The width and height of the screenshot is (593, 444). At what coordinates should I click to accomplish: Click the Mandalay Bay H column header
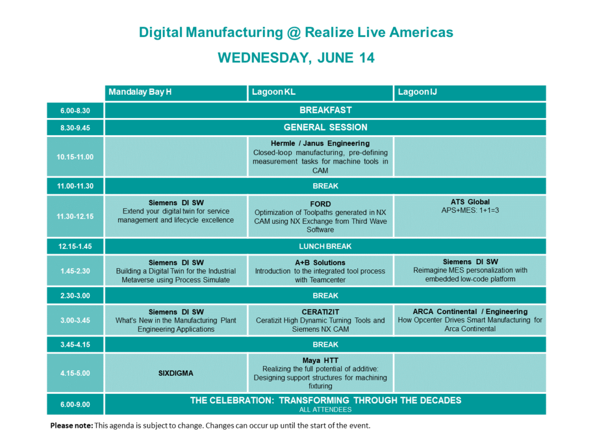(x=140, y=92)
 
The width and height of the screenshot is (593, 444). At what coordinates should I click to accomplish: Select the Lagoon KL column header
(x=273, y=92)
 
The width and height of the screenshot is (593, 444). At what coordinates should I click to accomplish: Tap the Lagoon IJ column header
(x=417, y=92)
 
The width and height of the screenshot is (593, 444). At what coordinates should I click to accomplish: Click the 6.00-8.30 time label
(x=75, y=111)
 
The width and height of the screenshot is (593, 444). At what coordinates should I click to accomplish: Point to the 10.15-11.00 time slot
(x=75, y=157)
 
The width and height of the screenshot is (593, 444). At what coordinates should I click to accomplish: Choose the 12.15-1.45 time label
(x=75, y=246)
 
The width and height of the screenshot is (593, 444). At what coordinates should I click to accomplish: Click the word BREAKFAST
(x=325, y=110)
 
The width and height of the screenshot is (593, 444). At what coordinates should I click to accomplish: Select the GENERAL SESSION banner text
(x=325, y=128)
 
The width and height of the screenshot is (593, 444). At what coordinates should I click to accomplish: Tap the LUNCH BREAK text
(x=325, y=246)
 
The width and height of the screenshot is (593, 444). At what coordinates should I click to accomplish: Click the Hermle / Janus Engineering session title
(x=320, y=143)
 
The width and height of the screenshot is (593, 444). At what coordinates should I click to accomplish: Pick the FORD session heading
(x=320, y=204)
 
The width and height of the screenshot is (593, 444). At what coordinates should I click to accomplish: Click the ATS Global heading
(x=470, y=202)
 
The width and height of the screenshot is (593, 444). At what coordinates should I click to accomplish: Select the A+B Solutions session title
(x=320, y=263)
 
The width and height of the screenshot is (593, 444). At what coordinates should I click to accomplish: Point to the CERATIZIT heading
(x=320, y=312)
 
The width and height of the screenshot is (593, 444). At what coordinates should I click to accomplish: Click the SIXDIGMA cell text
(x=176, y=373)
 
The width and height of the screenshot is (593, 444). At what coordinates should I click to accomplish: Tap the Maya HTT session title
(x=320, y=361)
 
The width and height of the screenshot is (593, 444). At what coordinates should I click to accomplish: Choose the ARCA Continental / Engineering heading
(x=470, y=312)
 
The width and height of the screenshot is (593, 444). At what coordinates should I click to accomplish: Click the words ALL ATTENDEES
(x=325, y=410)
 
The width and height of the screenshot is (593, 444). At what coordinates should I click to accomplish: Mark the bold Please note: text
(x=71, y=426)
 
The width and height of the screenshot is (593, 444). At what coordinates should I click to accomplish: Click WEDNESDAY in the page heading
(x=265, y=58)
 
